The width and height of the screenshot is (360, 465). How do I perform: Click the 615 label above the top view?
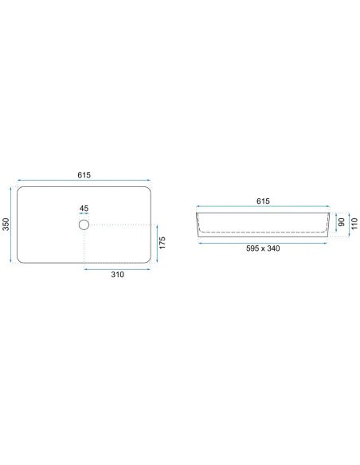click(x=84, y=175)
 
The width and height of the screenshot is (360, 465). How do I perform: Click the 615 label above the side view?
click(x=263, y=201)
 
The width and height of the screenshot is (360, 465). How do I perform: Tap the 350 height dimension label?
click(x=6, y=225)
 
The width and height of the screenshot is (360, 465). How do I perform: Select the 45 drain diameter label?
click(x=84, y=208)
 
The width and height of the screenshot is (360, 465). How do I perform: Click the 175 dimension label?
click(x=162, y=243)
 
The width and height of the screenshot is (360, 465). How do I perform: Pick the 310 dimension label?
click(x=117, y=275)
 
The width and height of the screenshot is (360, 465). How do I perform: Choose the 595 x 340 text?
click(x=263, y=248)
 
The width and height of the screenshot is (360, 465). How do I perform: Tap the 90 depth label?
click(x=342, y=222)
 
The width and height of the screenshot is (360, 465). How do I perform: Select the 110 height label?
click(x=354, y=224)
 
